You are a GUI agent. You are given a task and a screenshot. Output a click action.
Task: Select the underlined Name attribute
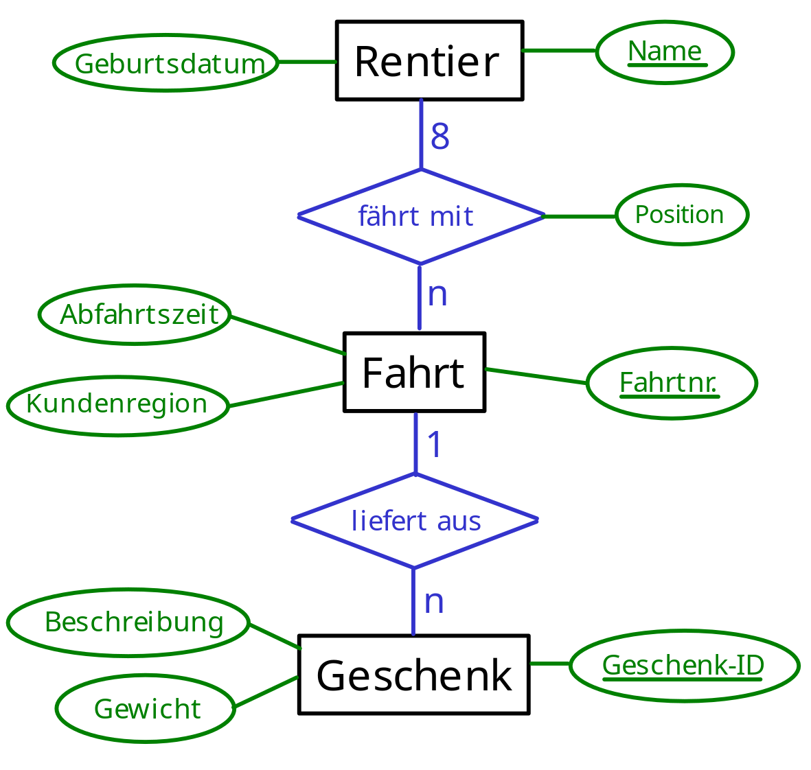tap(665, 51)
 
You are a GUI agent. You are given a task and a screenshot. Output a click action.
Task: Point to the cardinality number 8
tap(440, 137)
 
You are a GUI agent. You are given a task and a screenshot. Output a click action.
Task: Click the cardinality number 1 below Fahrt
tap(435, 445)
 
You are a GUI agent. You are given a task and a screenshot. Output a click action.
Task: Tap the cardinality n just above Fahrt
tap(437, 295)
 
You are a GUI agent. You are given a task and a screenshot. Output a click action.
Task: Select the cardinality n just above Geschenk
tap(435, 603)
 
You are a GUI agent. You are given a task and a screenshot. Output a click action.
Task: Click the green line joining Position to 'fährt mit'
tap(580, 216)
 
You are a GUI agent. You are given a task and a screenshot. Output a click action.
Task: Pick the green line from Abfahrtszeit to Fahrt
tap(288, 336)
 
